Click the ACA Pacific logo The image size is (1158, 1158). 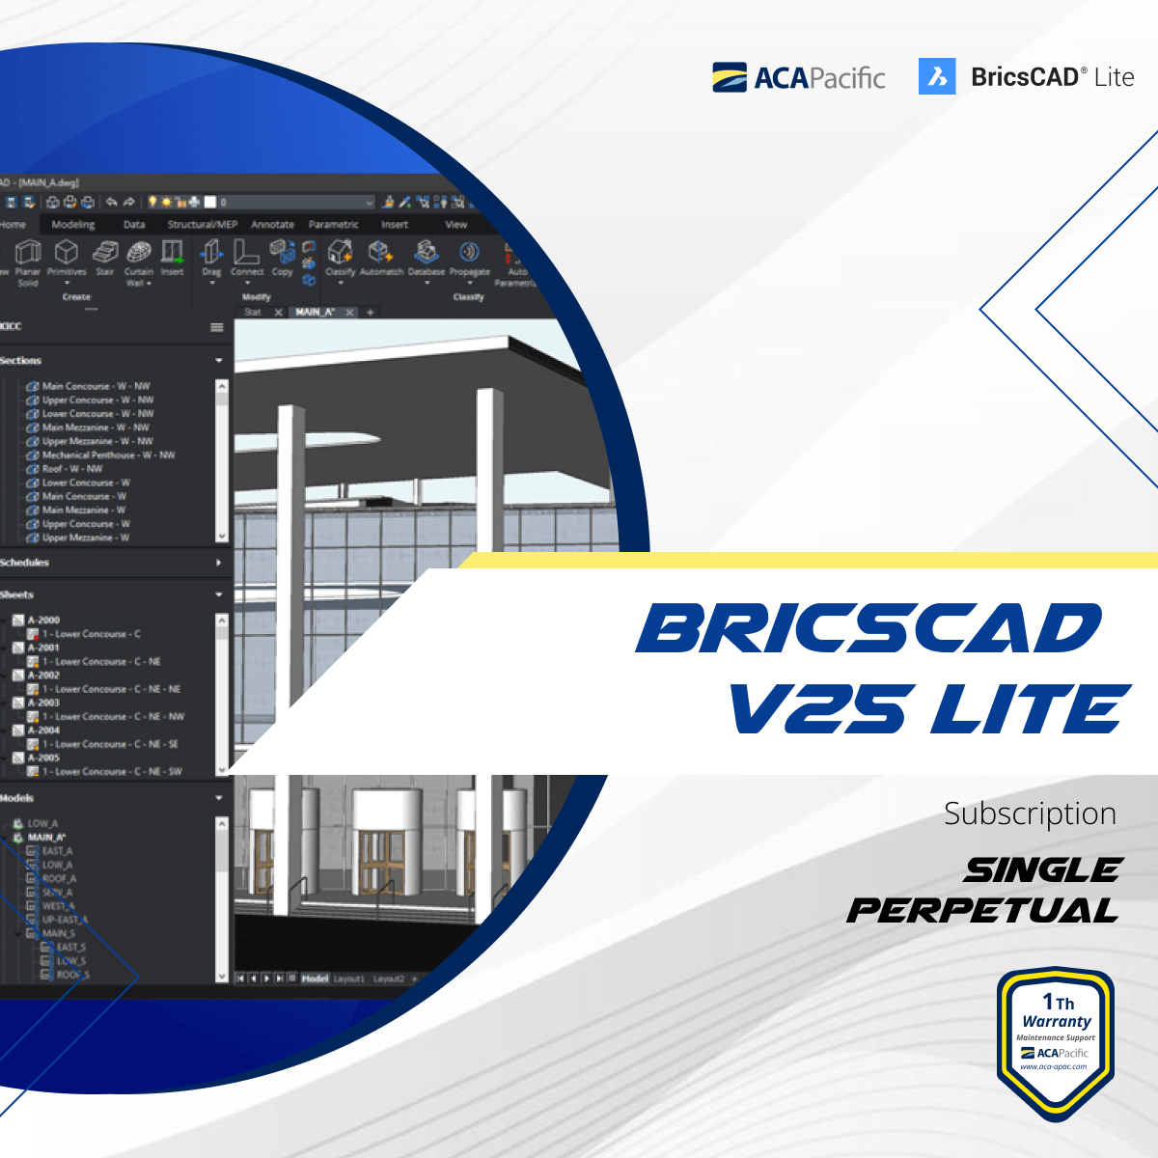click(x=798, y=77)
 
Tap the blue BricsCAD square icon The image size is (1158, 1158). click(x=936, y=77)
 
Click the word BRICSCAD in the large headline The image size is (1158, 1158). click(x=868, y=629)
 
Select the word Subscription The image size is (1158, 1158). click(x=1030, y=813)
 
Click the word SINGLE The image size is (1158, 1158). click(x=1042, y=870)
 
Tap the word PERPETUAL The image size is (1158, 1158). click(x=982, y=910)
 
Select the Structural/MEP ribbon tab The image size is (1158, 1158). click(x=202, y=225)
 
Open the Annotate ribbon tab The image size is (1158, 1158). click(x=272, y=225)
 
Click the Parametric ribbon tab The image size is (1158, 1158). click(x=333, y=225)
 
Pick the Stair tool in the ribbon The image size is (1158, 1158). click(x=104, y=258)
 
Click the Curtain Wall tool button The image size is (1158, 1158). click(x=139, y=260)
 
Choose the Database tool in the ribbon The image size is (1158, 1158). click(x=426, y=258)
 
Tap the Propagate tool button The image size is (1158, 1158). click(x=470, y=258)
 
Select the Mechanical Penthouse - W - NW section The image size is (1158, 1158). click(x=108, y=455)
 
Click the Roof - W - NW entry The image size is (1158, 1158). click(x=72, y=469)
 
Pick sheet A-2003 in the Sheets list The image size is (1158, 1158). click(x=43, y=703)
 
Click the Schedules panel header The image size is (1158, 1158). click(x=24, y=563)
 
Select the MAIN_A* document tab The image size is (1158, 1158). click(x=315, y=313)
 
